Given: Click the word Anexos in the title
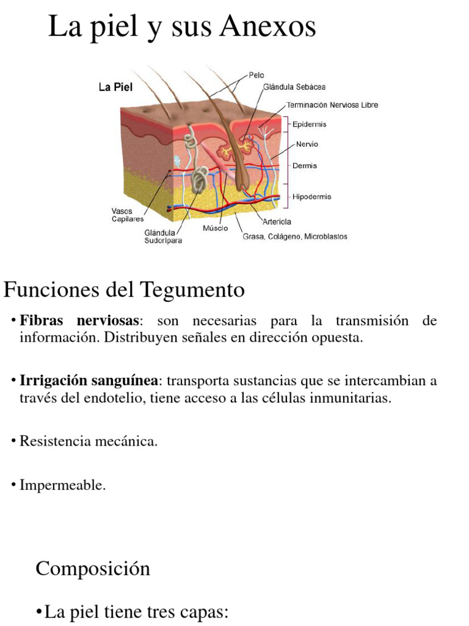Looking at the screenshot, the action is click(x=269, y=27).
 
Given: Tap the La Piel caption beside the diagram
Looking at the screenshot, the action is click(x=115, y=87).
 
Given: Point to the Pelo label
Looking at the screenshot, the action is click(x=256, y=75).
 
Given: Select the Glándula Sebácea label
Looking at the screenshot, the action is click(x=294, y=87).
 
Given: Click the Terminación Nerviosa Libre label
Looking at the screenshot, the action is click(x=332, y=105).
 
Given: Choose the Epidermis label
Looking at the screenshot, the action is click(x=309, y=124).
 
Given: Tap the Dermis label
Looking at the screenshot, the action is click(x=304, y=166).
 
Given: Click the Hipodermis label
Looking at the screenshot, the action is click(x=311, y=197).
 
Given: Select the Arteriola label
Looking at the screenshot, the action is click(x=277, y=222).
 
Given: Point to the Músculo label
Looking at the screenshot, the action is click(x=215, y=228).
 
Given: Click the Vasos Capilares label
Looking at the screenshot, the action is click(x=127, y=215).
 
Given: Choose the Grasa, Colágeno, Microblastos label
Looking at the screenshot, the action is click(x=295, y=237).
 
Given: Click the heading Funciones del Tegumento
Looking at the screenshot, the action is click(x=124, y=289).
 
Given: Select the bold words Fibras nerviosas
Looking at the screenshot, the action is click(x=80, y=321).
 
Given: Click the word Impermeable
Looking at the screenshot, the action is click(x=63, y=485).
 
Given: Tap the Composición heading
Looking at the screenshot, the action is click(x=93, y=569).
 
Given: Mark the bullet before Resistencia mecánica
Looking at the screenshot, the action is click(x=13, y=441).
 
